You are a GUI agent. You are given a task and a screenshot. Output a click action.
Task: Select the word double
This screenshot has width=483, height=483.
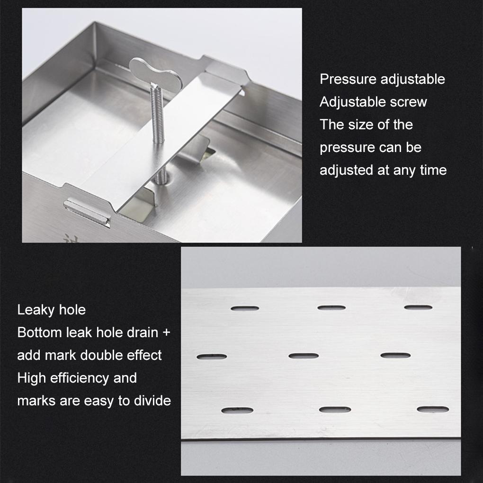101,355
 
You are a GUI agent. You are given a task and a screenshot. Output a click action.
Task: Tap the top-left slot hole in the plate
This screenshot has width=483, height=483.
245,308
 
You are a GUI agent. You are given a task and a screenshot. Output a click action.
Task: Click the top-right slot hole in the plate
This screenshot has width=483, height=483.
418,307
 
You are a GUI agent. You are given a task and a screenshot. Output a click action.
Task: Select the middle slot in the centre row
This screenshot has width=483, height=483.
304,356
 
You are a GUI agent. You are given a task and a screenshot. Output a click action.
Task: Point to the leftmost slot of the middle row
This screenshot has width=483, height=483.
212,357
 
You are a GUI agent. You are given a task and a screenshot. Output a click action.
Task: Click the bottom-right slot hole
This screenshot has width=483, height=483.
433,409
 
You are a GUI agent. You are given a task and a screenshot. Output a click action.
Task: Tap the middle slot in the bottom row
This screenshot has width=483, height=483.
335,410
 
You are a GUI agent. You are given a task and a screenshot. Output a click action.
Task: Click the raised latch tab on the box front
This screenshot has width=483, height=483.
87,212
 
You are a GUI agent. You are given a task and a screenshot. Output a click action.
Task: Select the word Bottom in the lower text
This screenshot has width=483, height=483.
37,333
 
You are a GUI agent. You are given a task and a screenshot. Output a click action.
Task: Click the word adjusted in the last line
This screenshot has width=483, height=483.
347,170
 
